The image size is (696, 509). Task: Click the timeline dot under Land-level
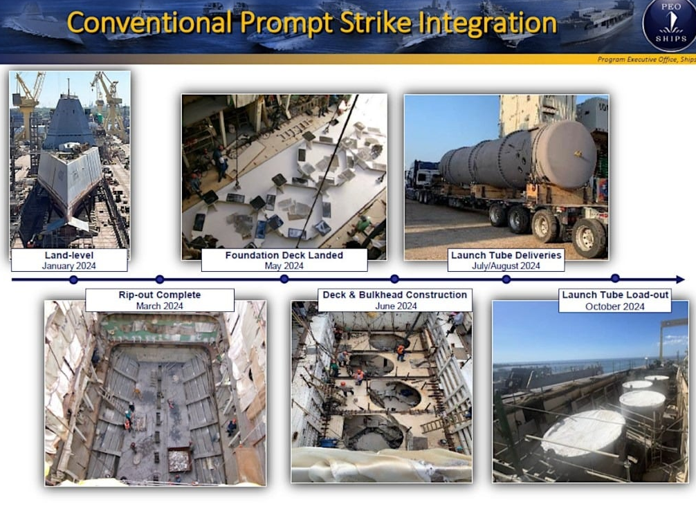pos(74,279)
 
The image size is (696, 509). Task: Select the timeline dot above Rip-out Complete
pos(160,279)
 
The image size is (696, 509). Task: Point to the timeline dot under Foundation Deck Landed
pos(284,279)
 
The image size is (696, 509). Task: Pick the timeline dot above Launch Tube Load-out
pos(615,278)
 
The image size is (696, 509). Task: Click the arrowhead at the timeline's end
pos(681,279)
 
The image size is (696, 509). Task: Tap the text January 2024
pos(68,266)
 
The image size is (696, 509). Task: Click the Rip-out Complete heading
pos(160,295)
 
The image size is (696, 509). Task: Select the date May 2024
pos(284,266)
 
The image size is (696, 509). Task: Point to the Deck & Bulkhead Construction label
pos(395,295)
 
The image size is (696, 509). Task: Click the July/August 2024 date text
pos(506,266)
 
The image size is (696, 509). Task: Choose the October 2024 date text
pos(615,306)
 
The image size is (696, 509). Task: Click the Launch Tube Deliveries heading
pos(506,255)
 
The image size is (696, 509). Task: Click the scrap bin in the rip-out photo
pos(179,460)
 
